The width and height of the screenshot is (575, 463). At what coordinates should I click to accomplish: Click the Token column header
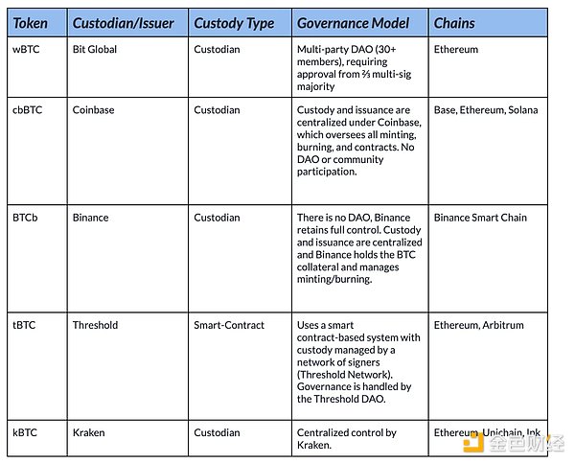(x=32, y=23)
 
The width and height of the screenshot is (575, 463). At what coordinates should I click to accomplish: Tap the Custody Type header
(x=234, y=23)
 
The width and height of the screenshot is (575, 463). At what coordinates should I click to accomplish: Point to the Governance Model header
(x=354, y=23)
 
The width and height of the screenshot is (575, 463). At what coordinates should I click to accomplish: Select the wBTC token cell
(x=26, y=49)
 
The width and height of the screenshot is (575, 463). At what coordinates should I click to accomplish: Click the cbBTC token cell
(x=29, y=110)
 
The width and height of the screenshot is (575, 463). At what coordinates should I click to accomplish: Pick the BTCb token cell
(x=28, y=218)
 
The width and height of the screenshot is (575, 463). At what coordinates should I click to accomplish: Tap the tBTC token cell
(x=25, y=325)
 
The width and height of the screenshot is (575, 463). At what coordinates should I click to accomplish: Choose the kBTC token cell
(x=26, y=433)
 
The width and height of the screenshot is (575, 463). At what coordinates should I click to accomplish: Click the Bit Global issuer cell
(x=95, y=49)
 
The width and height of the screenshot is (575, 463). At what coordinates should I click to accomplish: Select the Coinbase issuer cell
(x=93, y=110)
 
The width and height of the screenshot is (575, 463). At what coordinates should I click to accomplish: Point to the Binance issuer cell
(x=91, y=218)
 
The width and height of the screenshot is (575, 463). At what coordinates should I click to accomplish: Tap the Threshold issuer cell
(x=96, y=325)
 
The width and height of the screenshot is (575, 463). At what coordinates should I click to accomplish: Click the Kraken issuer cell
(x=89, y=433)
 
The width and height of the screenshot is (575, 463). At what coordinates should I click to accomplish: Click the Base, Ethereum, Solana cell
(x=486, y=110)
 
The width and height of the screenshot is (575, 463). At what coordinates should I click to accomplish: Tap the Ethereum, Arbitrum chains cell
(x=479, y=325)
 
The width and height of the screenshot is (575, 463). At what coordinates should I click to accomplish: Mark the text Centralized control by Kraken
(x=346, y=439)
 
